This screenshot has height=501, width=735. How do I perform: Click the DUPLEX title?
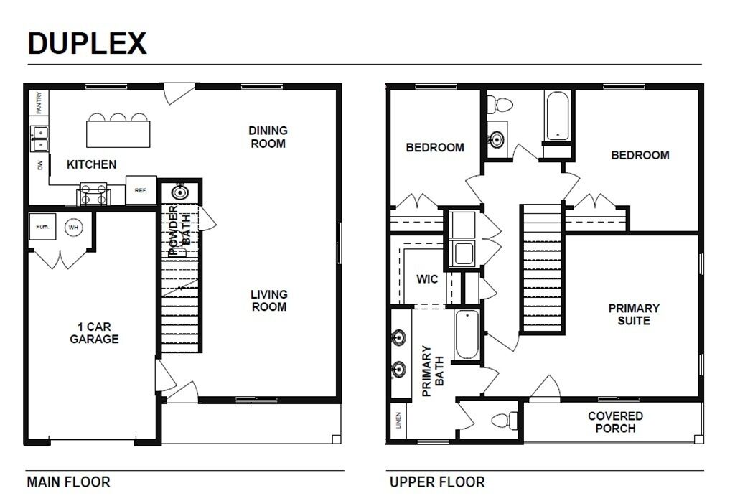coord(87,44)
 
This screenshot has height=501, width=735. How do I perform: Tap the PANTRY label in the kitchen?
coord(38,102)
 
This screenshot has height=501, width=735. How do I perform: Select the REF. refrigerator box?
coord(141,190)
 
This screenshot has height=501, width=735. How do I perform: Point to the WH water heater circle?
coord(72,228)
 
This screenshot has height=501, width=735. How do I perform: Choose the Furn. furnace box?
coord(42,227)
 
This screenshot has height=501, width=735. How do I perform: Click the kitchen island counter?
coord(119,134)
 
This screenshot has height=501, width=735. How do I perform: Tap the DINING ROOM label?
coord(268,137)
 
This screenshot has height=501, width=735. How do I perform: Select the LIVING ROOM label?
coord(268,301)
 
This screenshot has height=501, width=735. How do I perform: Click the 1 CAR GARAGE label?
coord(93,332)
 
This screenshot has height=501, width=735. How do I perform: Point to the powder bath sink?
coord(179,192)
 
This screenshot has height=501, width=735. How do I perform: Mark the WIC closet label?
coord(428,278)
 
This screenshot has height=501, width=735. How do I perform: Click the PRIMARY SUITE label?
coord(634,314)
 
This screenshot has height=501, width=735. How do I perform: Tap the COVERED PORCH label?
coord(615,422)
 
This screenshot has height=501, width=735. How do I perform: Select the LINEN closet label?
coord(398,421)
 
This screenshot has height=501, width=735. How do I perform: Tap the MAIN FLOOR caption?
coord(69,482)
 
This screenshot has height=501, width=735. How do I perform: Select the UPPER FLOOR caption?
coord(437,482)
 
